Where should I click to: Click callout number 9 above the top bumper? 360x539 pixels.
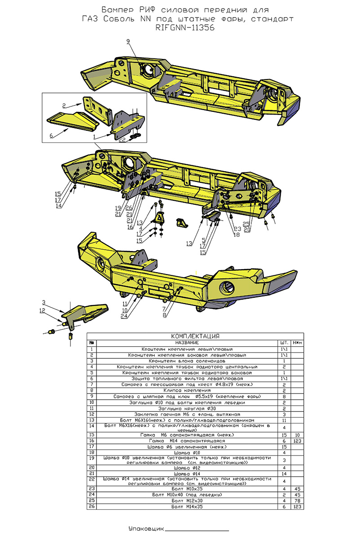pos(128,41)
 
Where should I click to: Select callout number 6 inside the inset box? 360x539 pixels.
pos(51,135)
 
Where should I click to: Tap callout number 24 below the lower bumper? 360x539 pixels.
pos(124,316)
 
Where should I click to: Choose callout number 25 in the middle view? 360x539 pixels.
pos(246,223)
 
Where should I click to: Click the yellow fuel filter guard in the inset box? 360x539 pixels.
pos(72,119)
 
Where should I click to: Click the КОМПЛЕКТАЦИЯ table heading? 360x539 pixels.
pos(195,336)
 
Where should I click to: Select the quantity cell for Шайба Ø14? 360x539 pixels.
pos(284,474)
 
